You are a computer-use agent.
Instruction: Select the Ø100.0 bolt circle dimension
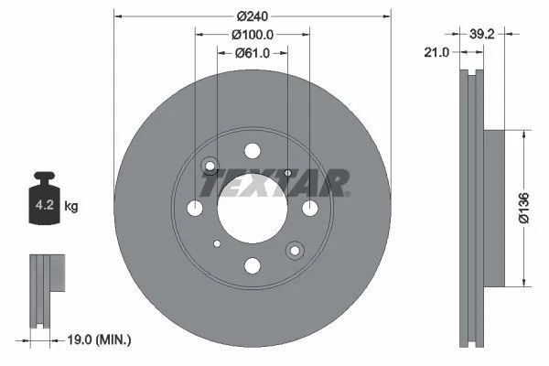click(x=252, y=35)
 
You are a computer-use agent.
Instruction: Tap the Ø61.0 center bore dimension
click(x=252, y=53)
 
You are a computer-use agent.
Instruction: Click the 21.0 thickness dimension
click(x=437, y=53)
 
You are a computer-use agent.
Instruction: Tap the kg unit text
click(x=70, y=207)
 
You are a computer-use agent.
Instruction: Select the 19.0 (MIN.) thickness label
click(x=101, y=339)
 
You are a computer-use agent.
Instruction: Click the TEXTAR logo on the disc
click(x=274, y=183)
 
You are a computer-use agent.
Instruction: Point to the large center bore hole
click(x=252, y=209)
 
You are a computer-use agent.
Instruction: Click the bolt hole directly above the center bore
click(x=252, y=152)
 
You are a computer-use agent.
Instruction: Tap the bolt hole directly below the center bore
click(x=252, y=266)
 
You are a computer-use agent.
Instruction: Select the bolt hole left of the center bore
click(x=195, y=209)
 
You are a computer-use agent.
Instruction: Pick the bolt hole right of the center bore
click(x=309, y=209)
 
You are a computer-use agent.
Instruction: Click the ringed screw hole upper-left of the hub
click(x=210, y=167)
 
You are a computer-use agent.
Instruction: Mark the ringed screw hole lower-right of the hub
click(x=294, y=250)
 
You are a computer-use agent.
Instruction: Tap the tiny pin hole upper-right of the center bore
click(x=287, y=173)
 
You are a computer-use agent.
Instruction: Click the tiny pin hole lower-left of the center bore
click(x=217, y=243)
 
